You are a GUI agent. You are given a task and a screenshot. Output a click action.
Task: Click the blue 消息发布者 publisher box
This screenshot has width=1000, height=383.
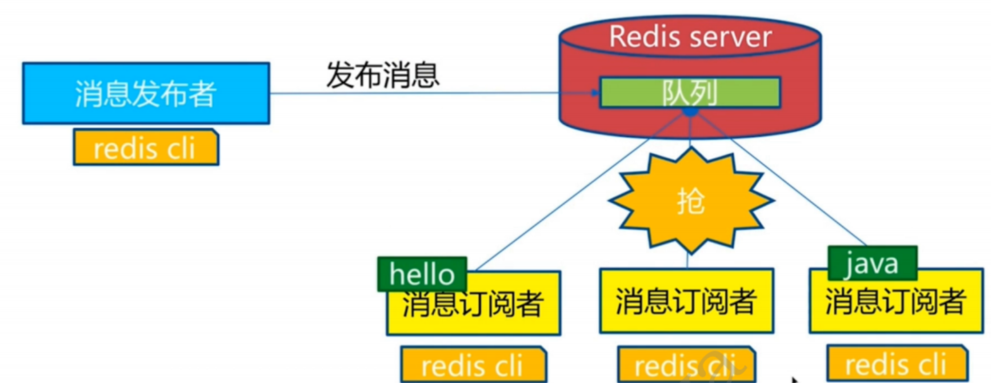point(146,93)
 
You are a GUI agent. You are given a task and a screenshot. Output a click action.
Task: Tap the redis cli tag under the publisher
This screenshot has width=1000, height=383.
point(146,148)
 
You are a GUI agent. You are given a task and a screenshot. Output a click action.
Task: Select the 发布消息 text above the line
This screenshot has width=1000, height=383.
point(382,75)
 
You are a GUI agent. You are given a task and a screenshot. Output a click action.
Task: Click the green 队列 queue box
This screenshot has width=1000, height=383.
point(690,92)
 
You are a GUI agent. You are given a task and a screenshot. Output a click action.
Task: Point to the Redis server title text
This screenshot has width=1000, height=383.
point(690,37)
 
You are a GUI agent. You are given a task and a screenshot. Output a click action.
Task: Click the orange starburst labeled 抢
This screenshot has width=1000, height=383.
point(691,201)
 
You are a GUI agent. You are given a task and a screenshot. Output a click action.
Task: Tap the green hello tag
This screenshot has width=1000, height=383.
point(422,274)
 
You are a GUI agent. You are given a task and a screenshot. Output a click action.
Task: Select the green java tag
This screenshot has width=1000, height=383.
point(872,263)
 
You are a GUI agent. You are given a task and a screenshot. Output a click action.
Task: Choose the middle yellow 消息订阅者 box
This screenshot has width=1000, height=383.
point(686,301)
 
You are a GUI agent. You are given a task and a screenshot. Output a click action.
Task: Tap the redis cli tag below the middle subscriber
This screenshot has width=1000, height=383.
point(686,365)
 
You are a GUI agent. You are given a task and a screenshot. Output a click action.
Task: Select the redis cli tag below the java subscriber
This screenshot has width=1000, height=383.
point(895,364)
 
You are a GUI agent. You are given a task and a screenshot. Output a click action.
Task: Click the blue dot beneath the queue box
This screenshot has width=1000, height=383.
point(690,111)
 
